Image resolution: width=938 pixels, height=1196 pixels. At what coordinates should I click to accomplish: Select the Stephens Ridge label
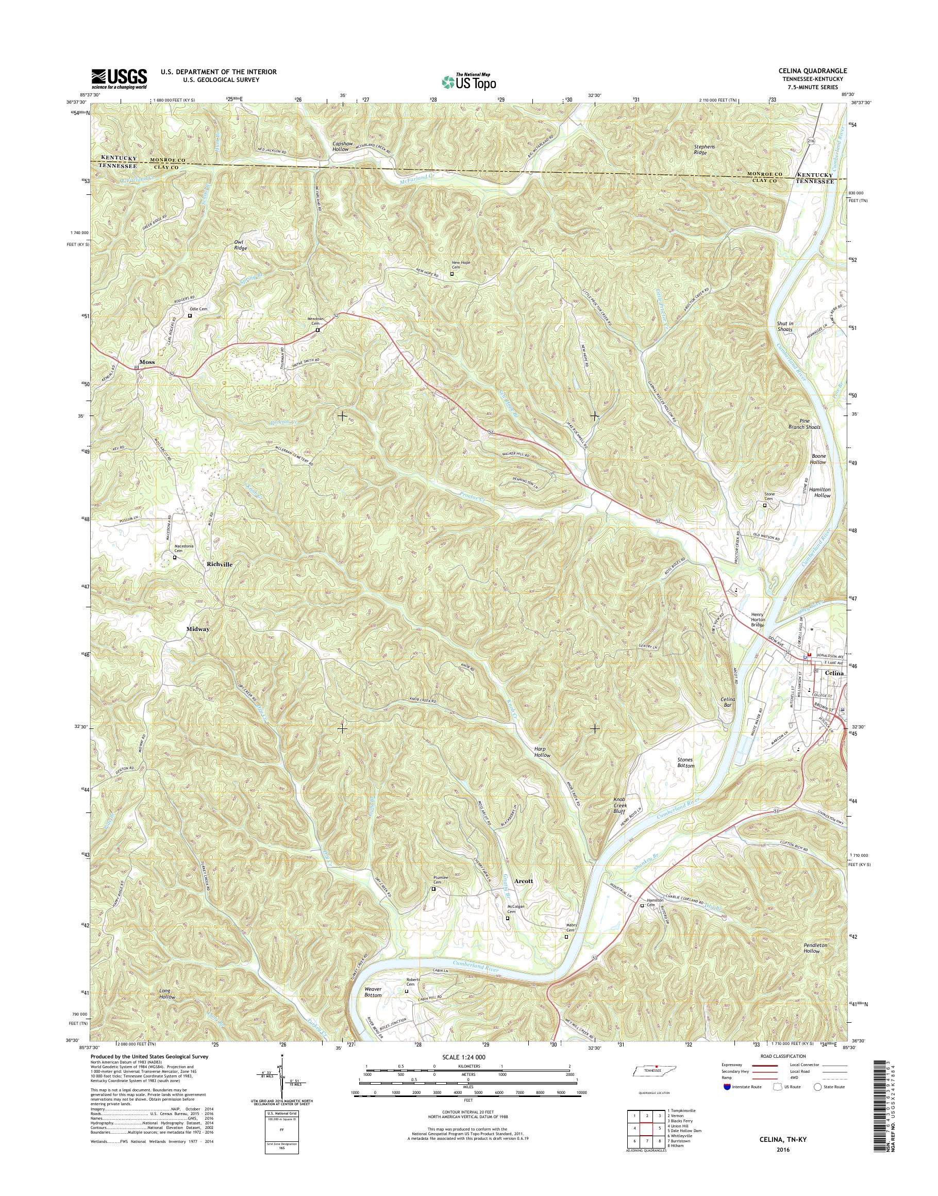click(x=705, y=149)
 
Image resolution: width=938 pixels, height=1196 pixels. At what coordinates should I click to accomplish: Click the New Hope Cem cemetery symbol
click(x=453, y=274)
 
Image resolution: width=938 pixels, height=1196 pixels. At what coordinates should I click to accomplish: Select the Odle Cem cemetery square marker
click(x=191, y=316)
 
